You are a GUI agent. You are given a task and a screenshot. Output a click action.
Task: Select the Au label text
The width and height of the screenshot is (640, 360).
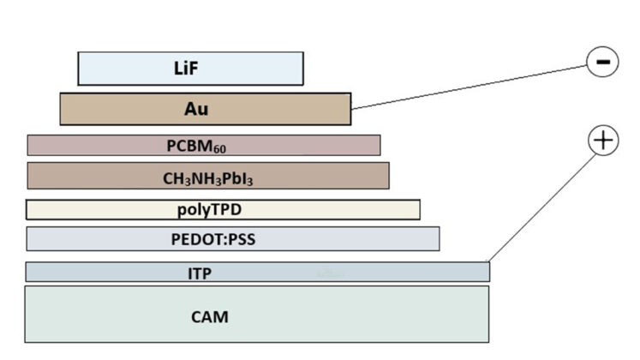[196, 109]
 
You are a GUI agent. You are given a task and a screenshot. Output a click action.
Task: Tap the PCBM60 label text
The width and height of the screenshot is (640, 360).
[196, 146]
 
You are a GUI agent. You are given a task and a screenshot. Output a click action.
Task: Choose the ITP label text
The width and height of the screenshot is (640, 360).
[200, 273]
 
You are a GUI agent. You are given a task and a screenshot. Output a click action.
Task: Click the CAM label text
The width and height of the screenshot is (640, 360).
[210, 316]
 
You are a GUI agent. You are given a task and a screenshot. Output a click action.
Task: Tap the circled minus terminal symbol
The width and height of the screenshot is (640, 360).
[602, 62]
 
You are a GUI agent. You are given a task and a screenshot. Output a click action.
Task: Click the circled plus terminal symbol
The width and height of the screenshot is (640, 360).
[603, 141]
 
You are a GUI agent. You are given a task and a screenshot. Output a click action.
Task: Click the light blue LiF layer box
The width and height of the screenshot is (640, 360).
[257, 69]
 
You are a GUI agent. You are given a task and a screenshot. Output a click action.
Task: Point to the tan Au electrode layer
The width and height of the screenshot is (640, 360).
[283, 109]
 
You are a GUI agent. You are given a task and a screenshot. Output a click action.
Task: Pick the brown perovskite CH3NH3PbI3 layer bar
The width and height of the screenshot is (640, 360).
[326, 176]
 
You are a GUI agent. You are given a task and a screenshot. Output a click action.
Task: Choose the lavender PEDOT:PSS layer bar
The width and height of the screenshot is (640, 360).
[360, 238]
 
